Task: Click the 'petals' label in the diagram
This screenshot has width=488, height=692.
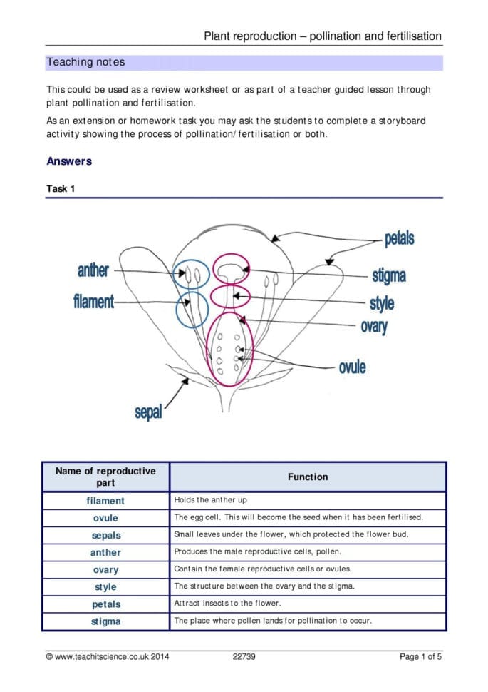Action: coord(399,239)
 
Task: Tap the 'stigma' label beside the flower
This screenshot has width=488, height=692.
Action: coord(389,275)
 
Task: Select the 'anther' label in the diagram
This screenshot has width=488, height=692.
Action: coord(93,270)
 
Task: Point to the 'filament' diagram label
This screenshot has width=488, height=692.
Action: coord(93,302)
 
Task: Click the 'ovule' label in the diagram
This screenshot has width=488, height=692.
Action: coord(352,368)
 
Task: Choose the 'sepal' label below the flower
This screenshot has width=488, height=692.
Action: coord(148,412)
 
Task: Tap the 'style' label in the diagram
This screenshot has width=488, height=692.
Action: coord(382,303)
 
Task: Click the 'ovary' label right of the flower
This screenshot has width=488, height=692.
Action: coord(374,327)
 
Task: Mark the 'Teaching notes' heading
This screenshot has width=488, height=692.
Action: coord(85,62)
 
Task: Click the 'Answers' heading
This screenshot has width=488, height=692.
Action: coord(69,161)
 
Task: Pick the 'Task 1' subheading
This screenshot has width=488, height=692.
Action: coord(61,189)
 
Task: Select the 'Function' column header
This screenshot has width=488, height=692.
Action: coord(308,477)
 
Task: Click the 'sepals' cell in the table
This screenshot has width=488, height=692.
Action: coord(106,535)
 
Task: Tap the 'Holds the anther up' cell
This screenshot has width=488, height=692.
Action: coord(210,500)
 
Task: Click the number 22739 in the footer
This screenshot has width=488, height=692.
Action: coord(244,657)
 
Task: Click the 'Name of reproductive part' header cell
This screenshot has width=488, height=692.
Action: coord(105,477)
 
